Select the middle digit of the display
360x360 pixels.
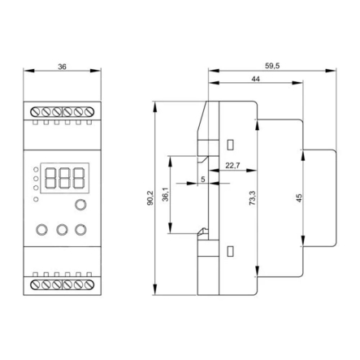(x=64, y=178)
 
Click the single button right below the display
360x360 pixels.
(x=80, y=205)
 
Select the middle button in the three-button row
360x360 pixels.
(x=62, y=230)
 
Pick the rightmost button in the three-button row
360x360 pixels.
(x=80, y=230)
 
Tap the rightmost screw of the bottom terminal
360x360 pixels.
(x=89, y=284)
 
